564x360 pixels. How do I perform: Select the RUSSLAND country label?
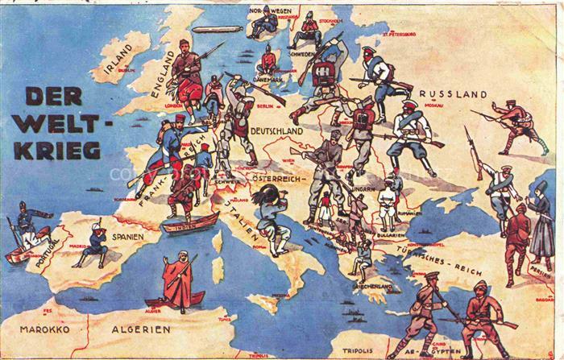pyautogui.click(x=453, y=93)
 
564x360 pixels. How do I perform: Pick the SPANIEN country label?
pyautogui.click(x=128, y=238)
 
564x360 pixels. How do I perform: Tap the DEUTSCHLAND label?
pyautogui.click(x=276, y=130)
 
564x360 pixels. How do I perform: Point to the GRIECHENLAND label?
pyautogui.click(x=373, y=287)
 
